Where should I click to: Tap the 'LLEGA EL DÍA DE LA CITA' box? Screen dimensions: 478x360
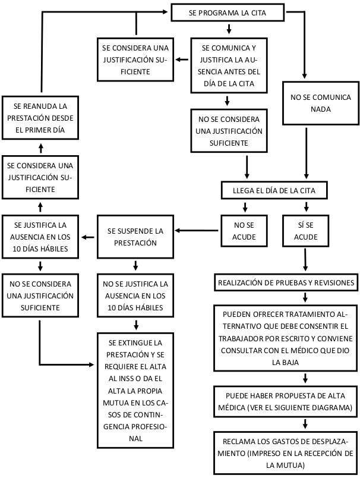pos(274,191)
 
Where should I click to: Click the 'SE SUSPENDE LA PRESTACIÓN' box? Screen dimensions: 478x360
pos(136,236)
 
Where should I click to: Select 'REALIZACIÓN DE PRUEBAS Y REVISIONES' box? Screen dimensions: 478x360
pos(287,282)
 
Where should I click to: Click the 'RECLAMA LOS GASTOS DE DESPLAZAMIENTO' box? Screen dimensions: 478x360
pos(288,453)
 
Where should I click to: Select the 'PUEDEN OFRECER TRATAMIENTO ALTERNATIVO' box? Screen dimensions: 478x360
pos(288,338)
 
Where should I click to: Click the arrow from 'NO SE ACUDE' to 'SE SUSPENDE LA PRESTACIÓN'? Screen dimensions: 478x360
pos(197,231)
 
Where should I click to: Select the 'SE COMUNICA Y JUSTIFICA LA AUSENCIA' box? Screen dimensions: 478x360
pos(228,65)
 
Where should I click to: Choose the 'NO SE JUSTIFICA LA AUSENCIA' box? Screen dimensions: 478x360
pos(136,296)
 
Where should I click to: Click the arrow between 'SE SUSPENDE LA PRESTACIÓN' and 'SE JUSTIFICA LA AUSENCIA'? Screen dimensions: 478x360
pos(89,237)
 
